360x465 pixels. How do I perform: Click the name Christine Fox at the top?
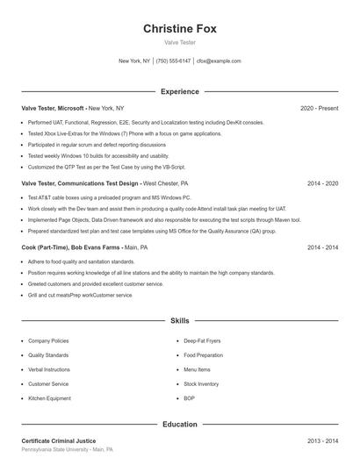click(180, 29)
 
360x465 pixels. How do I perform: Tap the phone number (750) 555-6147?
click(174, 61)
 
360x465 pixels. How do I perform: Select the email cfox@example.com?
click(219, 61)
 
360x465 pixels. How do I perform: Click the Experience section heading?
click(180, 91)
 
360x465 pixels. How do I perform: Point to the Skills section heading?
click(180, 322)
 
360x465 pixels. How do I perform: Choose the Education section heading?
click(180, 424)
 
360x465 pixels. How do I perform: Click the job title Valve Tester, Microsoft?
click(53, 108)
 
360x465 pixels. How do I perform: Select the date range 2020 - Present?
click(319, 108)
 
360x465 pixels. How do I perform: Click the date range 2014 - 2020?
click(322, 184)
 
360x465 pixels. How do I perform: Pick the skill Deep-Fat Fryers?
click(201, 340)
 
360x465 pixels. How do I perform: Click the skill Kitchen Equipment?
click(49, 398)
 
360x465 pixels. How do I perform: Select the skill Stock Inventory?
click(201, 383)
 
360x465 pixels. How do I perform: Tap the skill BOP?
click(189, 398)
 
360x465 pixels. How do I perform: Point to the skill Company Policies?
click(48, 340)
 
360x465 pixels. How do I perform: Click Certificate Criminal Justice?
click(59, 440)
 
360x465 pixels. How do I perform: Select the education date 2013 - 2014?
click(322, 440)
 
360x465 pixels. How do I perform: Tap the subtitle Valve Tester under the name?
click(180, 42)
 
